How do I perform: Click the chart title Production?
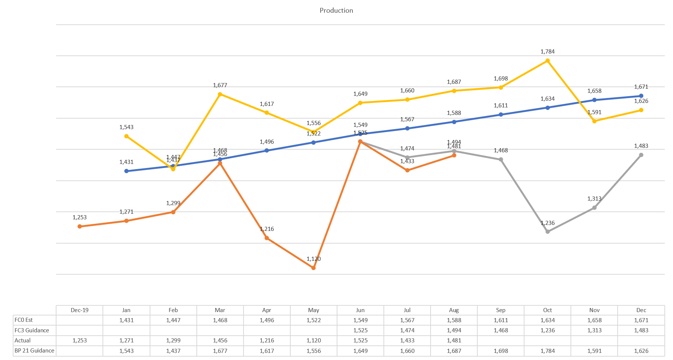336,10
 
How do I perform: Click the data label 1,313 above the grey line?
594,199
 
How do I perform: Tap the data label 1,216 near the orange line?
267,229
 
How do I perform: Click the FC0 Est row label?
24,320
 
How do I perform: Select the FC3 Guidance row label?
32,330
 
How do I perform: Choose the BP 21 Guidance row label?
34,351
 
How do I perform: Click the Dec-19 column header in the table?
79,310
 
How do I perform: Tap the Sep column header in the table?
501,310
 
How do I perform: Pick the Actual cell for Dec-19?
79,341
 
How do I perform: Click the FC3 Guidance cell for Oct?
547,330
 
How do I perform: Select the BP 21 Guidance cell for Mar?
220,351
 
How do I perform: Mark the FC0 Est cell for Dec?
641,320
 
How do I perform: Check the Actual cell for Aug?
454,341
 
